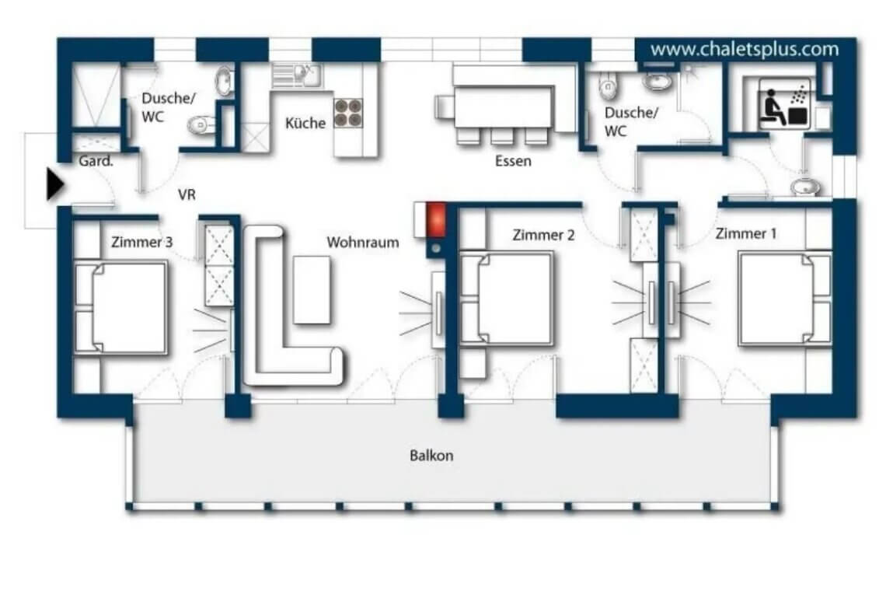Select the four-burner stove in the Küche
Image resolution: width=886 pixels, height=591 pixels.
(x=347, y=114)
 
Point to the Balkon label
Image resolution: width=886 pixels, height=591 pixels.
(x=431, y=456)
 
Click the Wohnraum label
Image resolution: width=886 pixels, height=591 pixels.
(x=362, y=243)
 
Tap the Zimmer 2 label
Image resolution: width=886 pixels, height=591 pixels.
(x=543, y=235)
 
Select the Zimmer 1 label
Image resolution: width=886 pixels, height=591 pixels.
(x=746, y=233)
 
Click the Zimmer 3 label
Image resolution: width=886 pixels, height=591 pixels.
(x=141, y=242)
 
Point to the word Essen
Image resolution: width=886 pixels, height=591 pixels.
(x=513, y=162)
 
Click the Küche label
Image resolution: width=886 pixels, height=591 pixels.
(x=305, y=123)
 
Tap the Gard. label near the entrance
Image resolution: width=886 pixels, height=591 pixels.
(x=96, y=162)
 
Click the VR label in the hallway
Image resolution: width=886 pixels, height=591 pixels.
(x=187, y=195)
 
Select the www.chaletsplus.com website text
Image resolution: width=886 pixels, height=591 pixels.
(x=744, y=50)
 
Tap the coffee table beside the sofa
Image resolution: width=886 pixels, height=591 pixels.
(x=312, y=289)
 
